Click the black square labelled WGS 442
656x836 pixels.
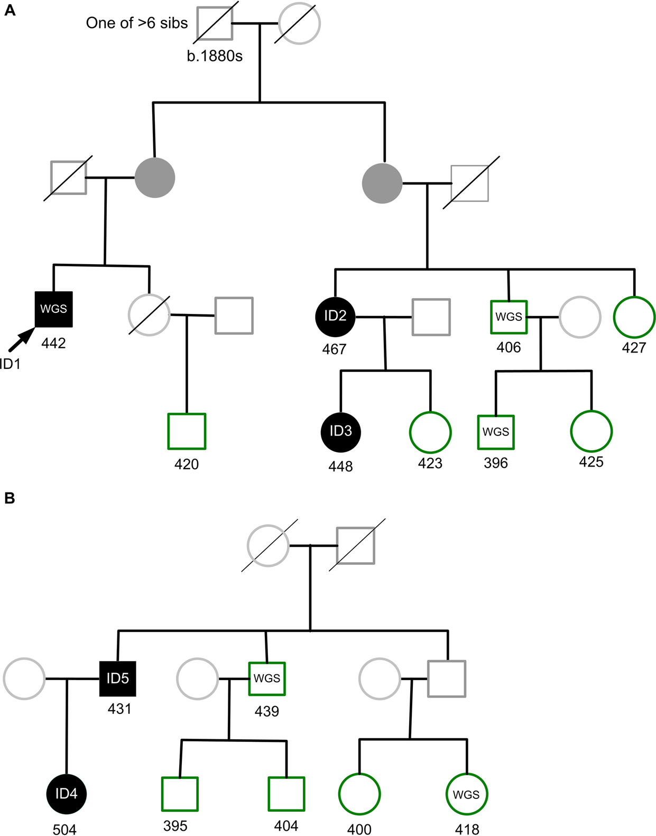point(53,309)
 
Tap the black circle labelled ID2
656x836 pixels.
point(335,316)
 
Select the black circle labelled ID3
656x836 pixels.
point(341,432)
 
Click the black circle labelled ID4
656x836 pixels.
point(67,793)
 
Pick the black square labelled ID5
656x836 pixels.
point(118,679)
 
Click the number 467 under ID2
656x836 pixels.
point(334,349)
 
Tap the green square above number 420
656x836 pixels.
point(187,431)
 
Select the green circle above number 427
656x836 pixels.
point(634,317)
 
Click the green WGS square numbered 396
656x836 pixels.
point(496,432)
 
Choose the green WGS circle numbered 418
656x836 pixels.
point(466,794)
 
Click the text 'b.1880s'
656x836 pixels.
point(215,56)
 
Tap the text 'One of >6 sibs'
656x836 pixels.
point(137,23)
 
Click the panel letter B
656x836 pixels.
point(10,498)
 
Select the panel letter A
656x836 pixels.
point(10,10)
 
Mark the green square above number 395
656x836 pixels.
point(180,794)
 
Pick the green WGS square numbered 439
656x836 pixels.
point(267,679)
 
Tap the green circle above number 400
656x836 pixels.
point(359,794)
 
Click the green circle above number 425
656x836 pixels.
point(591,431)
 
